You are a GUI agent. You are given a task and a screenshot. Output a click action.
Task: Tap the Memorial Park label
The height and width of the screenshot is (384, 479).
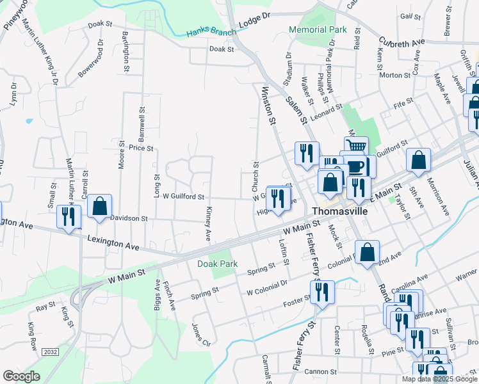pyautogui.click(x=318, y=29)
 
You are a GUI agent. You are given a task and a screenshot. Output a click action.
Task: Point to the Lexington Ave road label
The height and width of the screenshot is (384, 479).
pyautogui.click(x=113, y=244)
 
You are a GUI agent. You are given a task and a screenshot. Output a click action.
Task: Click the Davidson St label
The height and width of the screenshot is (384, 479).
pyautogui.click(x=129, y=218)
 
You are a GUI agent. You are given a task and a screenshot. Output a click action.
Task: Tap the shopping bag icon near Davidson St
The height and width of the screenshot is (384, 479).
pyautogui.click(x=99, y=207)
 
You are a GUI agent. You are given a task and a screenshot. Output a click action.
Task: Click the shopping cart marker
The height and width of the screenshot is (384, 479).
pyautogui.click(x=356, y=147)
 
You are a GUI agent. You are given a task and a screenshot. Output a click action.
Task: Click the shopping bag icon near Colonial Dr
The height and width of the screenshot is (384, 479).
pyautogui.click(x=367, y=252)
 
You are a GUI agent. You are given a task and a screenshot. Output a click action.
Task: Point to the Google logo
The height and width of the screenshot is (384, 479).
pyautogui.click(x=21, y=376)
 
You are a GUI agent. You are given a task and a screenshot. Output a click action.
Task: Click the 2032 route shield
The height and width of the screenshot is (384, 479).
pyautogui.click(x=51, y=352)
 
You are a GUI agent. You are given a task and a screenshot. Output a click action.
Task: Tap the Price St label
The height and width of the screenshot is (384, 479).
pyautogui.click(x=141, y=148)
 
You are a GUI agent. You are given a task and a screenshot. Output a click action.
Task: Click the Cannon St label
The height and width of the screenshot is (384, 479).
pyautogui.click(x=320, y=372)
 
